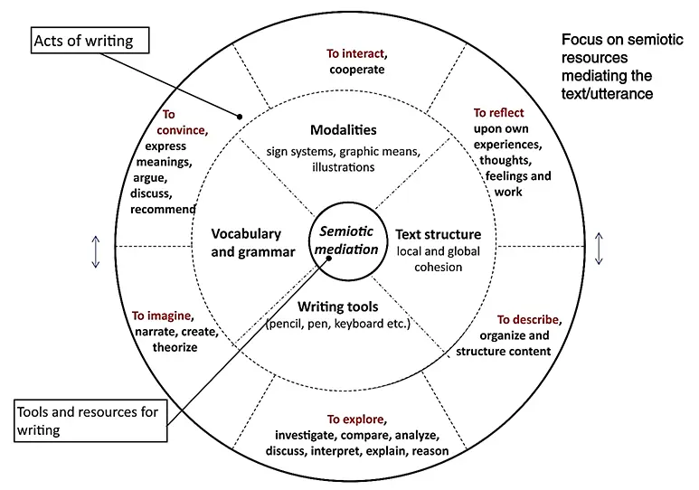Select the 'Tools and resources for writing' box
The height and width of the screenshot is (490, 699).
click(x=91, y=420)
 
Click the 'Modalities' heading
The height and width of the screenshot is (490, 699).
click(x=343, y=130)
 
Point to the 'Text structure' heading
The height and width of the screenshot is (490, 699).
click(x=438, y=235)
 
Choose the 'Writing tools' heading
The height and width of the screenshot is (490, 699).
click(x=338, y=307)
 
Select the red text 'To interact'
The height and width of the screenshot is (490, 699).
click(x=355, y=53)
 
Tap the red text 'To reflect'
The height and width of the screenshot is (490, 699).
click(x=498, y=113)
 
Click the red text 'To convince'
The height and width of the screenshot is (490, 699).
click(x=184, y=122)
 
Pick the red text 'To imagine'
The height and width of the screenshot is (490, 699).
click(x=161, y=316)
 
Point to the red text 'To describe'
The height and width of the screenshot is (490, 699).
click(x=530, y=319)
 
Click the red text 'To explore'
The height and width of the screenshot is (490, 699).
click(x=356, y=419)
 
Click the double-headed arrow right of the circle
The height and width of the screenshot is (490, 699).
click(x=600, y=249)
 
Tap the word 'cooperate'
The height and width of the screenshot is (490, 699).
click(x=356, y=69)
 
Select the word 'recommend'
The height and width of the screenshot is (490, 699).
click(x=163, y=210)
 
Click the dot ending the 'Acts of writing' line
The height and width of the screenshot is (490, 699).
click(x=240, y=116)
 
